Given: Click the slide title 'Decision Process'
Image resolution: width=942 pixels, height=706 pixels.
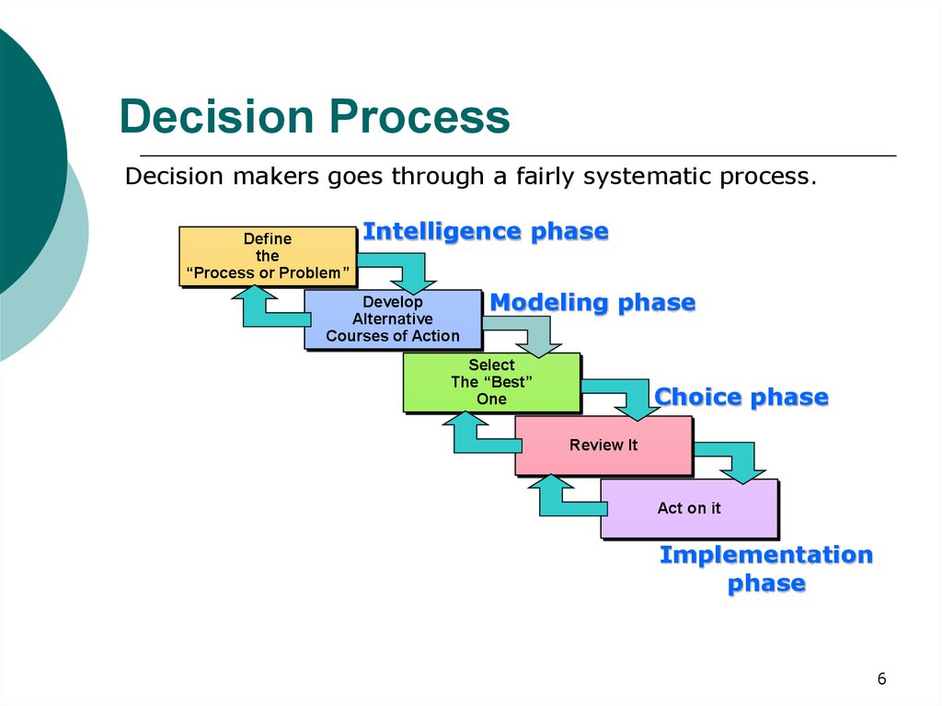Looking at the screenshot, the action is [x=315, y=116].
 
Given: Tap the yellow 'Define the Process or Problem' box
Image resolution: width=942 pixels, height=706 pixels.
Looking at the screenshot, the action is [x=268, y=256].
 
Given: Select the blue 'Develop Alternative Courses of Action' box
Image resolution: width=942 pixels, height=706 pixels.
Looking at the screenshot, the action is [x=393, y=319].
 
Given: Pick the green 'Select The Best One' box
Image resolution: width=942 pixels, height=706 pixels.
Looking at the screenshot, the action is [x=492, y=383].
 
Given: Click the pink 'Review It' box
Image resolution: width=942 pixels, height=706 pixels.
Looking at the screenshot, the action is [x=603, y=446].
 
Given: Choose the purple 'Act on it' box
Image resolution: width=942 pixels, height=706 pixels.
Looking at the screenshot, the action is [x=690, y=509].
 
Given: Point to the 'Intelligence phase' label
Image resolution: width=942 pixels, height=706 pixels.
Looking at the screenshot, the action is [x=486, y=232].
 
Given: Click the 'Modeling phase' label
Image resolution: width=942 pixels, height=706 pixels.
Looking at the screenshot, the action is [x=593, y=303].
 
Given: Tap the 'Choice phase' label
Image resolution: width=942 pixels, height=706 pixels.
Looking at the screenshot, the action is [x=741, y=397].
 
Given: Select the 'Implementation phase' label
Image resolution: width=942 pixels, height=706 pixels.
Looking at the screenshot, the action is [x=766, y=569].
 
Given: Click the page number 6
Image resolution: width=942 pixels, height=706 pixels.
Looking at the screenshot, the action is [x=881, y=679].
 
